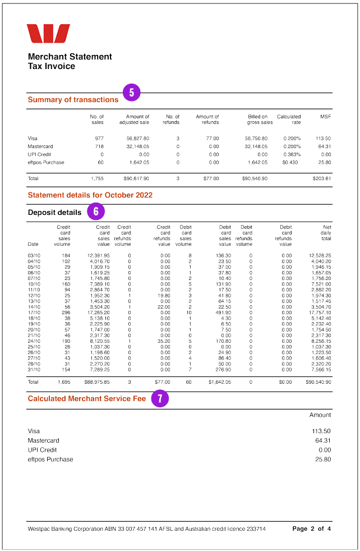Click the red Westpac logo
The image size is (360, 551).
(x=48, y=34)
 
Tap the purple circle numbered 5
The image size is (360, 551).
(x=131, y=93)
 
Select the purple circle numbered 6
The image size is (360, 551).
(x=96, y=212)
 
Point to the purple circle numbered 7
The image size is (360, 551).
(x=160, y=399)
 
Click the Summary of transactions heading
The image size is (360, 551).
(x=73, y=100)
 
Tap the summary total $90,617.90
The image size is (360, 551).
(x=136, y=178)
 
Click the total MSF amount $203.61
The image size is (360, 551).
(x=322, y=178)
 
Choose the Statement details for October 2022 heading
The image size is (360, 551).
(x=90, y=195)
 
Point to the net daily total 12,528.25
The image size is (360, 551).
(x=320, y=255)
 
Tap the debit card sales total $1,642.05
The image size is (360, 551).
(x=219, y=382)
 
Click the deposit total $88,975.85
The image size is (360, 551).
(x=96, y=382)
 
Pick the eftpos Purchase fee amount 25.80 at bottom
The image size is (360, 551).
(x=323, y=460)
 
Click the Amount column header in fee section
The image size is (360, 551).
(x=320, y=415)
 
